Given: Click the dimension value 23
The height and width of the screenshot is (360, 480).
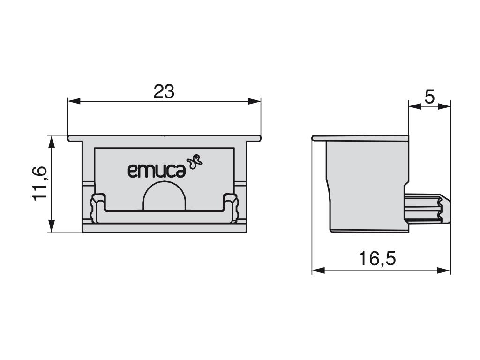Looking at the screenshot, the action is [x=164, y=91].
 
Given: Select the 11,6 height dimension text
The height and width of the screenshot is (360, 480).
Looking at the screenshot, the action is [x=39, y=184].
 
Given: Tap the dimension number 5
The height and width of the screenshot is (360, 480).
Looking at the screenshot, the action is [x=429, y=97].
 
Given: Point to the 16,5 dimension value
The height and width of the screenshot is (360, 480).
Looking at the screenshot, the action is [x=377, y=258].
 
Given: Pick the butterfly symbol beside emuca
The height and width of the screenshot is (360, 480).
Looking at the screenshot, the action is [x=195, y=162].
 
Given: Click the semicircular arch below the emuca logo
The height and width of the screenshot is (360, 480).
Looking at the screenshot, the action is [x=165, y=196].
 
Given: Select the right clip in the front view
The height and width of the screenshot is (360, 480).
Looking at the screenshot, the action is [x=231, y=207].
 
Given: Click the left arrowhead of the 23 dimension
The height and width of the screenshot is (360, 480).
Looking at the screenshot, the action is [x=74, y=101].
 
